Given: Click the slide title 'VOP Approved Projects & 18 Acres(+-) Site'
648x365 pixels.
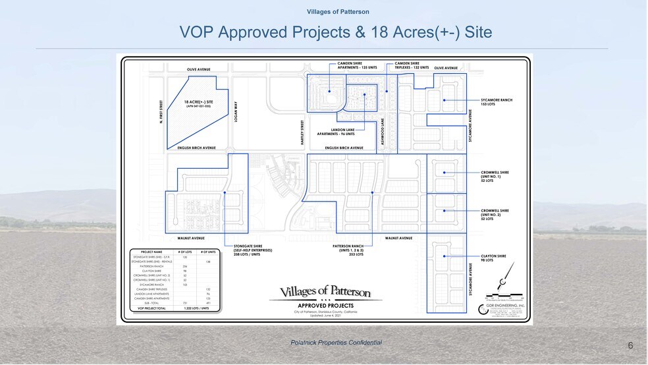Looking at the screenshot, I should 336,32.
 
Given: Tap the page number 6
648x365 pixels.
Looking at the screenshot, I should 630,346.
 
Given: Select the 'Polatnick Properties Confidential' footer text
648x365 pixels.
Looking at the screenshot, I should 336,343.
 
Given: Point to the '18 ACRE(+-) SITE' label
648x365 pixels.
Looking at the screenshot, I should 198,103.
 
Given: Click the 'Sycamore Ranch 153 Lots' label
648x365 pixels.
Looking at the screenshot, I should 496,102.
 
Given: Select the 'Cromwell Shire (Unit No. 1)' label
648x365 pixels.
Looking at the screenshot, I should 495,177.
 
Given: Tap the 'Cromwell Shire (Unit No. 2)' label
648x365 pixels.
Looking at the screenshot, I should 495,215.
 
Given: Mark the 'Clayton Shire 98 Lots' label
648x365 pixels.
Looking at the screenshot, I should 493,258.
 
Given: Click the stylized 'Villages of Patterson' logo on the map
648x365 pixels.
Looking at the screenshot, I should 325,292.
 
